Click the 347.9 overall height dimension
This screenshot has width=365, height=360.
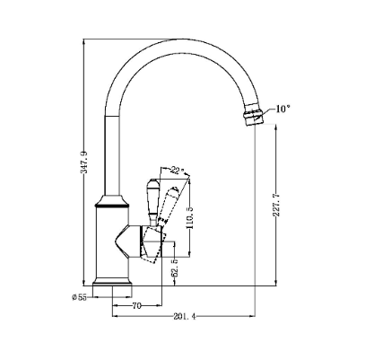(84, 162)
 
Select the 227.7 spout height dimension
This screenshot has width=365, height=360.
(276, 206)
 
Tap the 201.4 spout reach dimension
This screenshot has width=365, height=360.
(185, 316)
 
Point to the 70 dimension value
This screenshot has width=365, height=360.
(136, 306)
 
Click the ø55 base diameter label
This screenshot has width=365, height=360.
(79, 297)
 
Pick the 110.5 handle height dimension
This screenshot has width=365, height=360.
(190, 217)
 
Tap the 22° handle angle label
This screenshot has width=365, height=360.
(178, 171)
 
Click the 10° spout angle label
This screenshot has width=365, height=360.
(282, 109)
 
